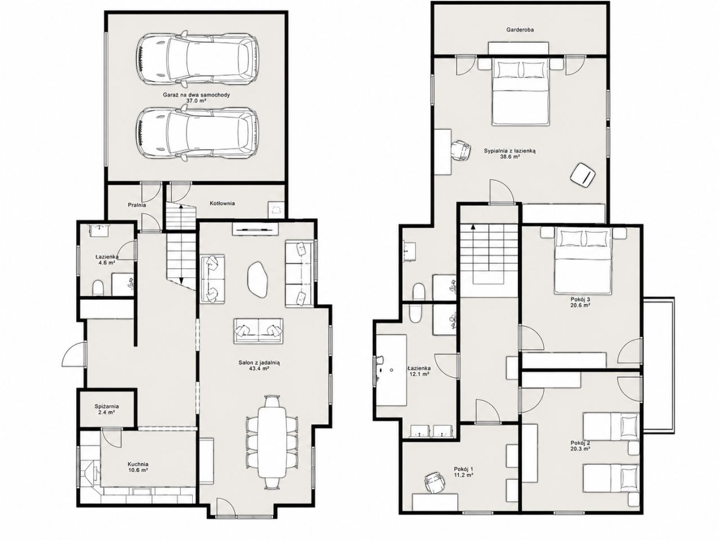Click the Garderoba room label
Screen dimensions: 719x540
[520, 30]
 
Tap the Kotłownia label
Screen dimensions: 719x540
[222, 203]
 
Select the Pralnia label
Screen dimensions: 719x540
[136, 205]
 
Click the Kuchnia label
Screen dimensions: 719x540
[138, 464]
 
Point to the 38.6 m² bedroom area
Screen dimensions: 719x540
[510, 157]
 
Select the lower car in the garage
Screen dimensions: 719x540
[197, 135]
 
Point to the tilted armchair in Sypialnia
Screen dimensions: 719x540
[583, 175]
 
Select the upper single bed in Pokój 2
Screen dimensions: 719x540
[611, 426]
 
